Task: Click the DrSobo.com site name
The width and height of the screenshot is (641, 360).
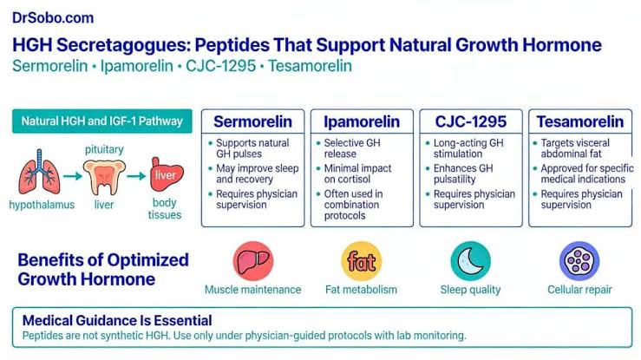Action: click(53, 18)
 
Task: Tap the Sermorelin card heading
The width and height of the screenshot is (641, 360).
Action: click(252, 121)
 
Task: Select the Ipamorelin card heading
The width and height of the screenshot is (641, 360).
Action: click(362, 121)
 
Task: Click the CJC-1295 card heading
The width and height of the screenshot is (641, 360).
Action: click(471, 121)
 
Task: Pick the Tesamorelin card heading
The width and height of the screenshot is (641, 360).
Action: click(580, 121)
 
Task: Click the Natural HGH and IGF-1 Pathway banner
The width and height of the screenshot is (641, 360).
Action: click(102, 121)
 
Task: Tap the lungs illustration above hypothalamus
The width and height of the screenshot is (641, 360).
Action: click(39, 172)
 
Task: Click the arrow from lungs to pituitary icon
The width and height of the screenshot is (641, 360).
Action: click(72, 176)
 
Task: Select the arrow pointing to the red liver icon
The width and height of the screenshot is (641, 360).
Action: click(136, 176)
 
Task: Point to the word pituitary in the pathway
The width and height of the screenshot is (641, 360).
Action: click(104, 149)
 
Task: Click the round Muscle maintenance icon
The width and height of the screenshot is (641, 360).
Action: click(253, 261)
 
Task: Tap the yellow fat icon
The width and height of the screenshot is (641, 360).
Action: click(362, 261)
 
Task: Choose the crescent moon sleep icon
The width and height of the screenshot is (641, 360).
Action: click(470, 261)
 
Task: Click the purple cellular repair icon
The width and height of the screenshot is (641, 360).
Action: click(579, 261)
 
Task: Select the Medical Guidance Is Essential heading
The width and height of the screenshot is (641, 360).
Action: click(117, 320)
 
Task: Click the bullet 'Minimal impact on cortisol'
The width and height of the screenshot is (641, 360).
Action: click(354, 173)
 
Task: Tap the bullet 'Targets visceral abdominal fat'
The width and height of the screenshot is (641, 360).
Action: click(571, 148)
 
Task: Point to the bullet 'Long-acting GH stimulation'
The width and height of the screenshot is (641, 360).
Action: click(464, 148)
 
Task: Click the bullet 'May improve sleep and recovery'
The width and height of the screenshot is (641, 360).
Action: click(253, 173)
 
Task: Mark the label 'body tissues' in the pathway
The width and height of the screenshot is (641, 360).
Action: click(165, 209)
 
